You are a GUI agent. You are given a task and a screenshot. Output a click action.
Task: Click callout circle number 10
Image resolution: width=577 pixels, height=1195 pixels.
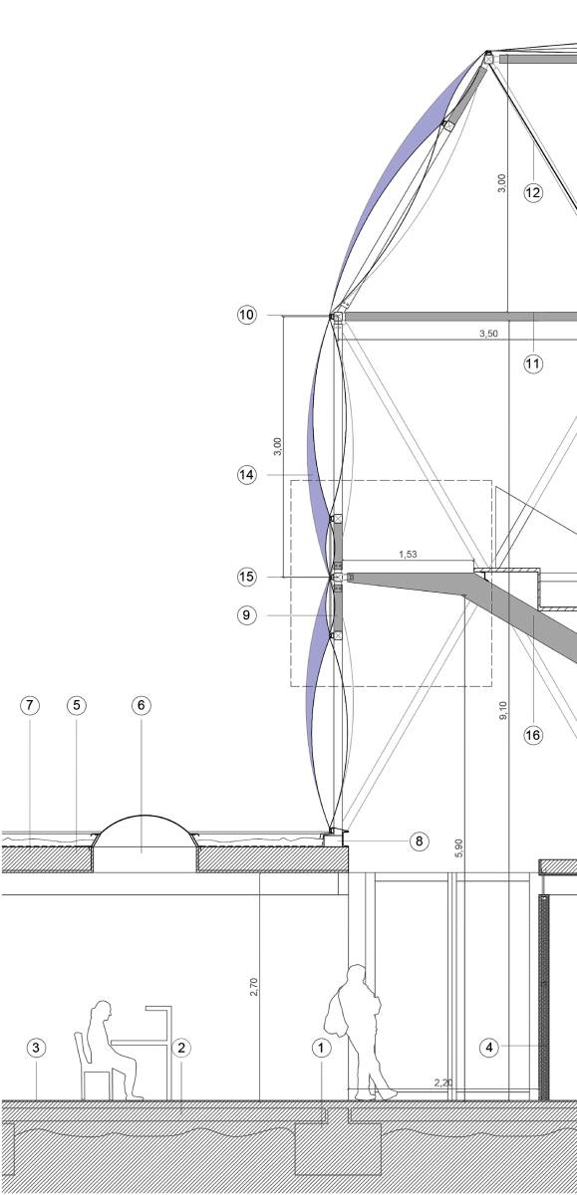pyautogui.click(x=246, y=315)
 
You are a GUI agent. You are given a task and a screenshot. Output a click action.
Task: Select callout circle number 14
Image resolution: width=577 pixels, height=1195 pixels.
pyautogui.click(x=246, y=475)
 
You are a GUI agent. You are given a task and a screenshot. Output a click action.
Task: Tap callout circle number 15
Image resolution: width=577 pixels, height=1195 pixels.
pyautogui.click(x=246, y=577)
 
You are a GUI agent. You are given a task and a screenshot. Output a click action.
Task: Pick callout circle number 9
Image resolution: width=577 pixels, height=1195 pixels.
pyautogui.click(x=246, y=615)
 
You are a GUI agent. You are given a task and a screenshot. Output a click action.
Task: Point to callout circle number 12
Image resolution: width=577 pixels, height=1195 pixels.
pyautogui.click(x=533, y=192)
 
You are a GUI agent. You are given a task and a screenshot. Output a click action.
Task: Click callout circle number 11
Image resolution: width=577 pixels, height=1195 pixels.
pyautogui.click(x=533, y=363)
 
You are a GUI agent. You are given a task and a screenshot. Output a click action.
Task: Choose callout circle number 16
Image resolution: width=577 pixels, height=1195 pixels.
pyautogui.click(x=533, y=735)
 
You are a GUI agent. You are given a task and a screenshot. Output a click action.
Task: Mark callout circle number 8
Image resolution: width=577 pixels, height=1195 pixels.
pyautogui.click(x=419, y=841)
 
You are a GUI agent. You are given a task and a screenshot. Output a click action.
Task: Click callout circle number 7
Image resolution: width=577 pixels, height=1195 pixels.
pyautogui.click(x=29, y=705)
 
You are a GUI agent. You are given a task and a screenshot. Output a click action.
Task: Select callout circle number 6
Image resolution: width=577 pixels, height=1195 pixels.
pyautogui.click(x=141, y=705)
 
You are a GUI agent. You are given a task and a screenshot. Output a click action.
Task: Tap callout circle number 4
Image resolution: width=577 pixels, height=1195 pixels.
pyautogui.click(x=489, y=1048)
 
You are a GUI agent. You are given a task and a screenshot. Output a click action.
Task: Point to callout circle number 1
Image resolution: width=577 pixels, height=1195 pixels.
pyautogui.click(x=321, y=1048)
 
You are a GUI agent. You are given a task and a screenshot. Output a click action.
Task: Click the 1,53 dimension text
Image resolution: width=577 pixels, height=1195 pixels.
pyautogui.click(x=408, y=555)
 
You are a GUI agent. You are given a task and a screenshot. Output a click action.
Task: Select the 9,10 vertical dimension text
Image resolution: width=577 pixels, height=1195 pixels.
pyautogui.click(x=503, y=710)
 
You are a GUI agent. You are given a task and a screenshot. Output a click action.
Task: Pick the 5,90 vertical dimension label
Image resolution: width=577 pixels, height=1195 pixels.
pyautogui.click(x=460, y=848)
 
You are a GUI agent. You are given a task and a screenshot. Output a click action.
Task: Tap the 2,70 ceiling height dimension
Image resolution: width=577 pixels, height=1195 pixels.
pyautogui.click(x=253, y=987)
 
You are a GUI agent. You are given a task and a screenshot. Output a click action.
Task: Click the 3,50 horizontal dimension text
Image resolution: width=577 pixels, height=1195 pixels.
pyautogui.click(x=488, y=334)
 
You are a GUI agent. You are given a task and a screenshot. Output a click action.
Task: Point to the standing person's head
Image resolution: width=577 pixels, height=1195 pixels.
pyautogui.click(x=356, y=974)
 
